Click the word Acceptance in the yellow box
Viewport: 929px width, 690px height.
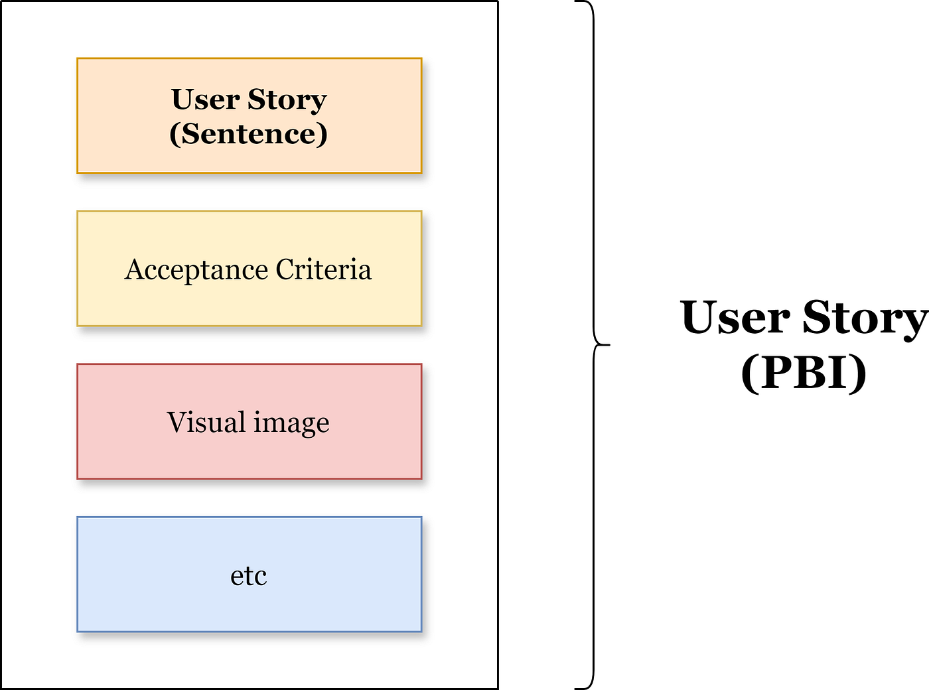[x=196, y=270]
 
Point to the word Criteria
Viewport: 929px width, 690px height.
[x=323, y=269]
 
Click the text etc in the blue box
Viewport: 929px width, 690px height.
[x=248, y=576]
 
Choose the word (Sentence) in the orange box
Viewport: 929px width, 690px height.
[x=248, y=133]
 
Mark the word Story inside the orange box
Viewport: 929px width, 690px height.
[x=287, y=100]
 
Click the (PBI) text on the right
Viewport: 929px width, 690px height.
[x=804, y=372]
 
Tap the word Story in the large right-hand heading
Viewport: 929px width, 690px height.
[x=865, y=318]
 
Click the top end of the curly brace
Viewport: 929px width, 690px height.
[x=576, y=2]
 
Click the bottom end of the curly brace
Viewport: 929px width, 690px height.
[x=576, y=688]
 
